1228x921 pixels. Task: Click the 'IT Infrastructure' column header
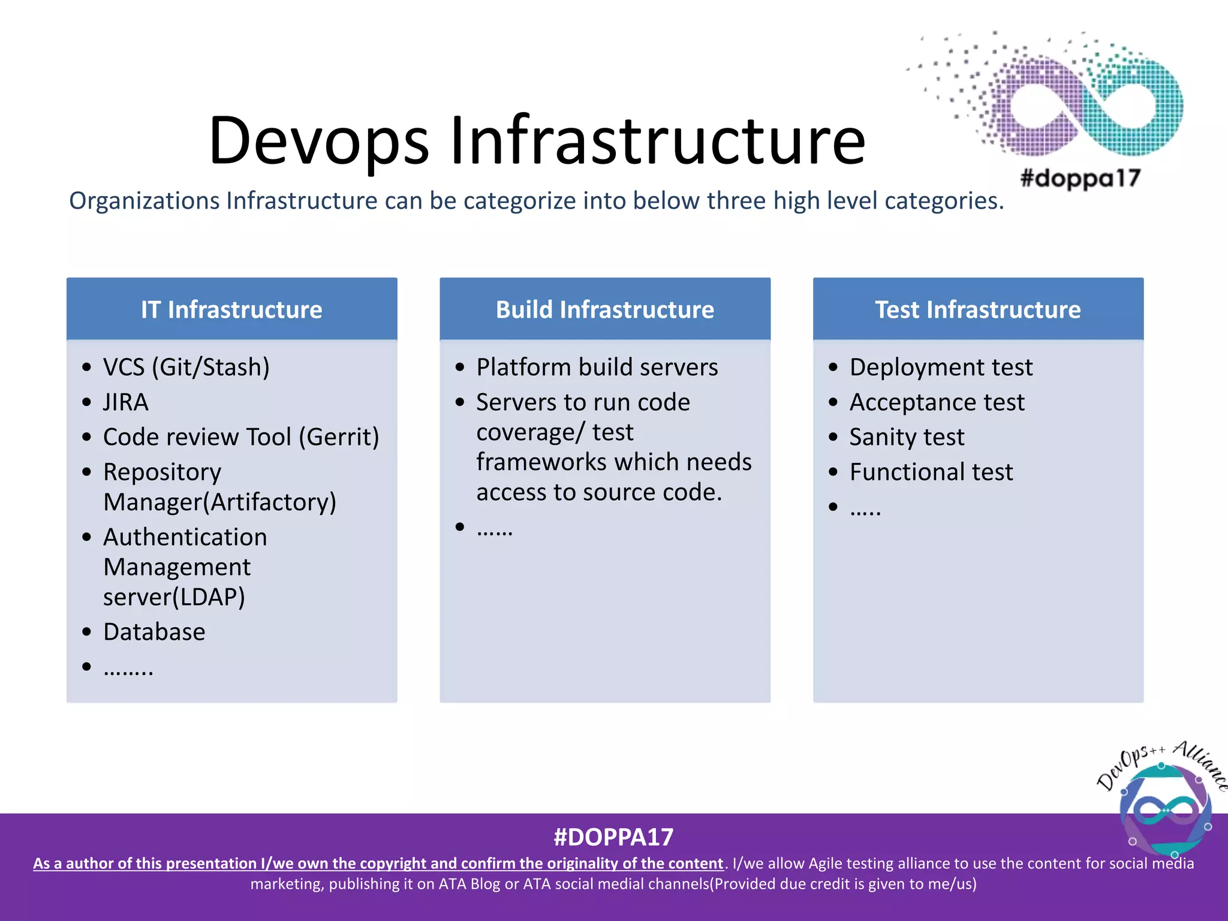231,309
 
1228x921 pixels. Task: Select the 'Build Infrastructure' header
604,309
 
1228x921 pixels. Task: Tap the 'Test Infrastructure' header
977,309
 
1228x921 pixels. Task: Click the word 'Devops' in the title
318,141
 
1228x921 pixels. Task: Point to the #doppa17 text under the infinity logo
1080,178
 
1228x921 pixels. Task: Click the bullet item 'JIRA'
125,402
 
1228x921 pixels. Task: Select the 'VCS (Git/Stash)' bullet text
186,367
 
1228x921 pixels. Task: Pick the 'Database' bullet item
154,632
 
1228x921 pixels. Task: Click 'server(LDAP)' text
174,597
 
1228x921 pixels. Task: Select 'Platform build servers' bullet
597,367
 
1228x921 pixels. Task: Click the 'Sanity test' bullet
907,437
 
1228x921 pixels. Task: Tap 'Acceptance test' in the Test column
937,402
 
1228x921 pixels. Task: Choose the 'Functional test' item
931,472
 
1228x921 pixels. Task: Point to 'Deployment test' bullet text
941,367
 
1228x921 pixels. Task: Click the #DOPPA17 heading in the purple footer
613,837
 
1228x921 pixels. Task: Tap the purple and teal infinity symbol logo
1085,102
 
